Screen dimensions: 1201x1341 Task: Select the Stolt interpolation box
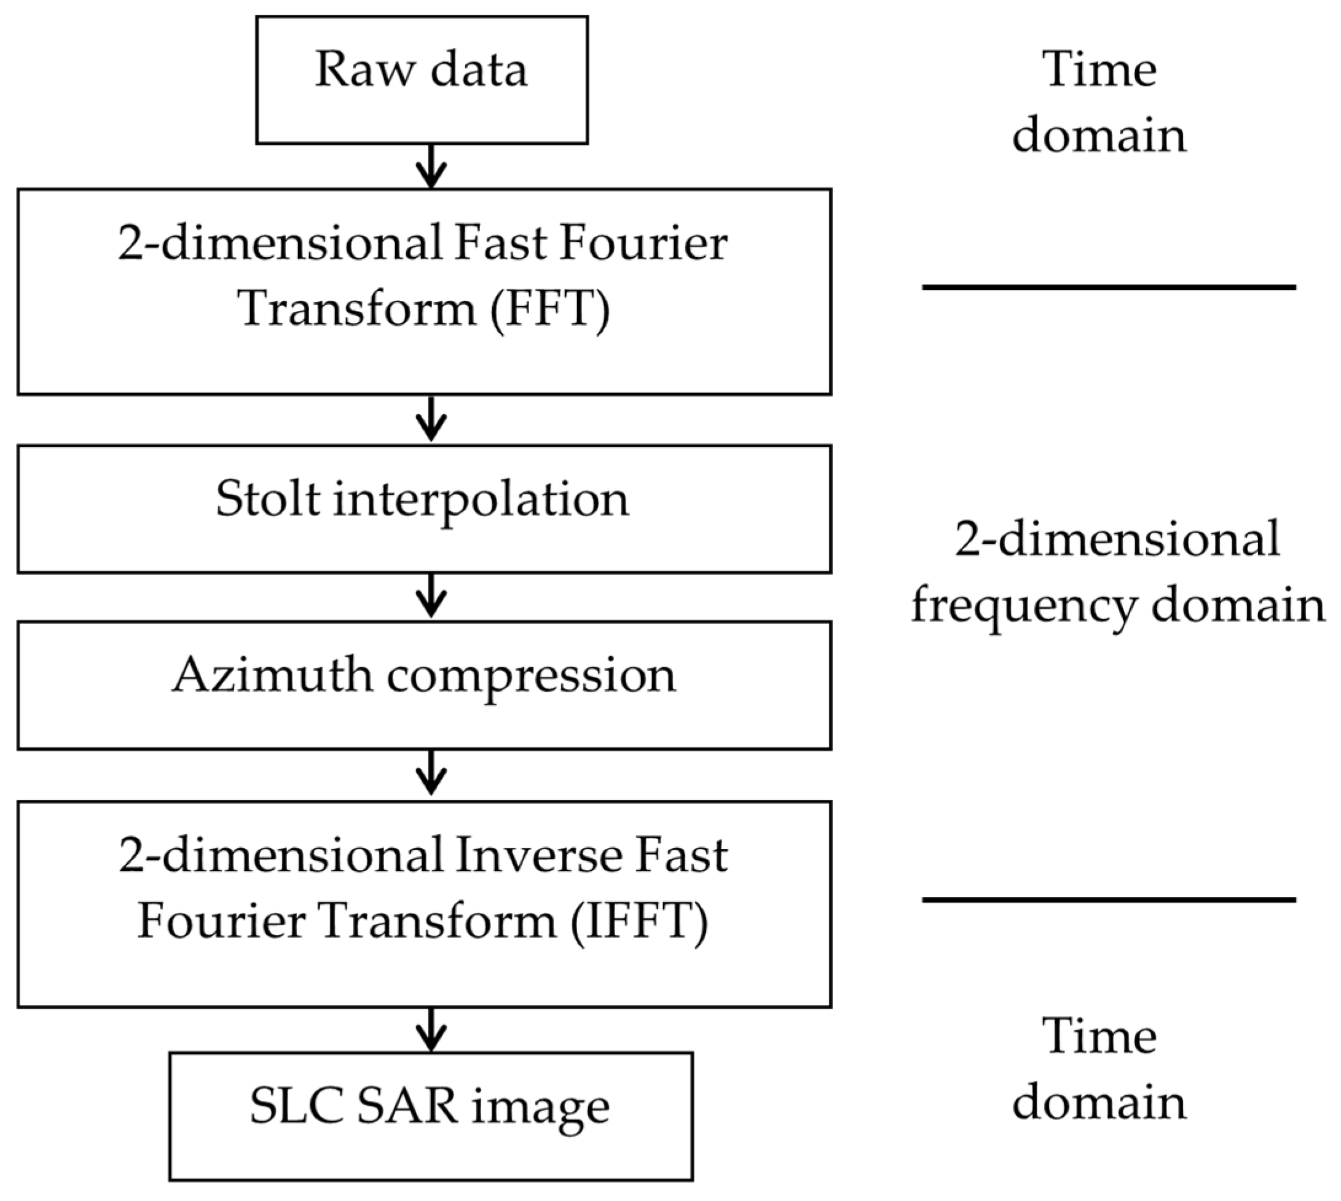point(423,509)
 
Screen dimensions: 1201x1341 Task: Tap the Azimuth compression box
point(423,685)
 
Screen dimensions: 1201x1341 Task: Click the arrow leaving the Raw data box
point(431,166)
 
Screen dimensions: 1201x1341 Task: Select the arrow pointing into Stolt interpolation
point(431,419)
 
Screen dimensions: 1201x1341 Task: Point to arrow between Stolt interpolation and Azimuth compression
point(431,596)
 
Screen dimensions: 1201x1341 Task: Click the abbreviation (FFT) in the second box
point(549,309)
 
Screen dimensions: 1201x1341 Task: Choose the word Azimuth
point(272,675)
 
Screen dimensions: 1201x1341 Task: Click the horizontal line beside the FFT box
point(1109,287)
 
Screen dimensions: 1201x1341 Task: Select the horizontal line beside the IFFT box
point(1109,899)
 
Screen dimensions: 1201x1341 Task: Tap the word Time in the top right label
point(1099,69)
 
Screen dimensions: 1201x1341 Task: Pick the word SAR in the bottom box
point(407,1106)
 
